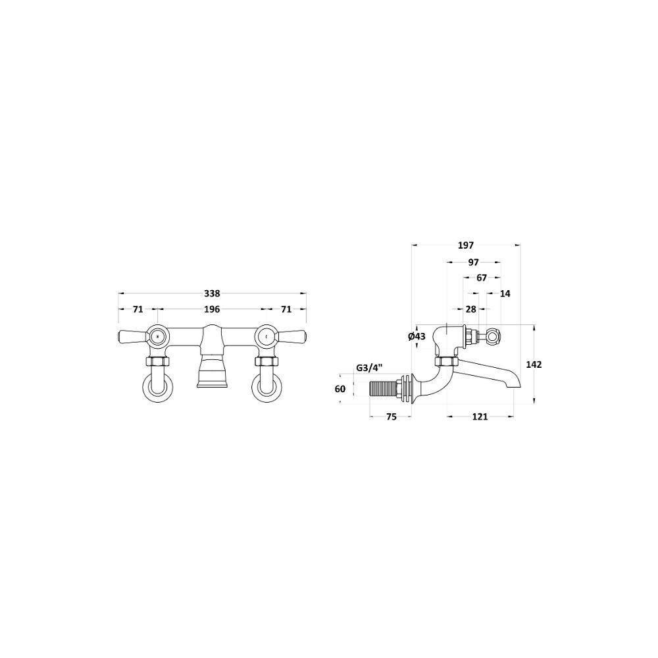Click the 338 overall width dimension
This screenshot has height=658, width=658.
pos(212,293)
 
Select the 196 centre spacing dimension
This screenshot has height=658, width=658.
pos(212,309)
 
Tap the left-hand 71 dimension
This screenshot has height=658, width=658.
pos(138,309)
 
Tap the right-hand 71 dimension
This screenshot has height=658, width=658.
pos(286,309)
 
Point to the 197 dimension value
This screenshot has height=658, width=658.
pos(466,245)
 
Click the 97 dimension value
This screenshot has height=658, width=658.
pos(473,263)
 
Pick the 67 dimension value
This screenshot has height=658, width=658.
pos(482,278)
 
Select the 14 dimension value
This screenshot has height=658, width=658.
pos(505,293)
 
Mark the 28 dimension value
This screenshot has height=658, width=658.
pos(471,309)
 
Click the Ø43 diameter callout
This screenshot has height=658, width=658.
pos(417,336)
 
